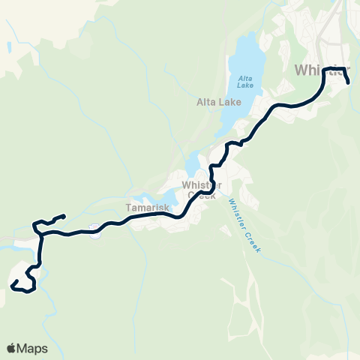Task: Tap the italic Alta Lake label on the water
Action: [x=245, y=82]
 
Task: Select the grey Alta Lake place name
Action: [x=218, y=103]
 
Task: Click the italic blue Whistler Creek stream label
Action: [x=244, y=223]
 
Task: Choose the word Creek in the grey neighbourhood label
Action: [x=201, y=195]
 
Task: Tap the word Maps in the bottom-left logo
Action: [x=32, y=348]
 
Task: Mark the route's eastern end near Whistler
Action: [x=349, y=82]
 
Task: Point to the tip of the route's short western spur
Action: [x=64, y=216]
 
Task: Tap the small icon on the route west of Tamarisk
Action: [x=91, y=228]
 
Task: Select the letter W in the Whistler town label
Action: [x=301, y=70]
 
